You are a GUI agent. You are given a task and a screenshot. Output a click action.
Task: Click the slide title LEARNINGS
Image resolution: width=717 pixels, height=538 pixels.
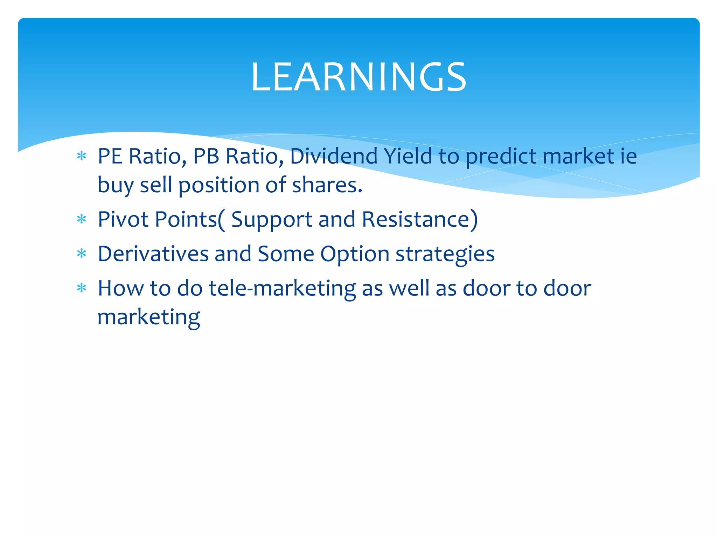(x=358, y=77)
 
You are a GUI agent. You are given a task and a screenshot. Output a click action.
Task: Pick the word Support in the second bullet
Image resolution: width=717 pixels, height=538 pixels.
(x=272, y=220)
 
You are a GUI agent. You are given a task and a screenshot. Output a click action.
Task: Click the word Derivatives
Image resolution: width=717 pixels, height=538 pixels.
(x=153, y=254)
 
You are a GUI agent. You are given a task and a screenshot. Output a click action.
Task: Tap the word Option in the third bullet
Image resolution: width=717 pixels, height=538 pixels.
(x=355, y=254)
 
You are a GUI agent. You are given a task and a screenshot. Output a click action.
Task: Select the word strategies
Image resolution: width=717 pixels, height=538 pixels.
(x=445, y=254)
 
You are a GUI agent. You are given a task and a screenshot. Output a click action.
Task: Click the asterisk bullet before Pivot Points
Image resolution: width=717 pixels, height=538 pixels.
(x=82, y=220)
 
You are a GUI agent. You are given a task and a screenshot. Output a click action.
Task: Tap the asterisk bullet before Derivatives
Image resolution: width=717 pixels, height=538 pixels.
(x=82, y=254)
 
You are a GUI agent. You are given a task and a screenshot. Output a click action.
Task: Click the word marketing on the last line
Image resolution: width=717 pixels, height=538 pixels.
(x=148, y=317)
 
